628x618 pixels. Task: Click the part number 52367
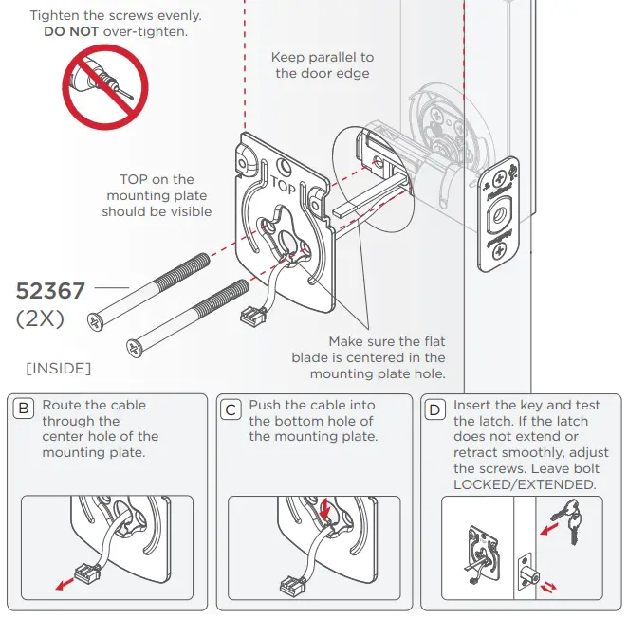pyautogui.click(x=50, y=290)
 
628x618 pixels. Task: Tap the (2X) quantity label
pyautogui.click(x=40, y=319)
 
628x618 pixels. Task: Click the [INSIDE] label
pyautogui.click(x=59, y=368)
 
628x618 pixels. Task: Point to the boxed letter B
pyautogui.click(x=24, y=410)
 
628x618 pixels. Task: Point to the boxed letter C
pyautogui.click(x=231, y=410)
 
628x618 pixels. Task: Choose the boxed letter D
pyautogui.click(x=435, y=410)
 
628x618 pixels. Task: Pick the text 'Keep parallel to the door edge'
pyautogui.click(x=322, y=65)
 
